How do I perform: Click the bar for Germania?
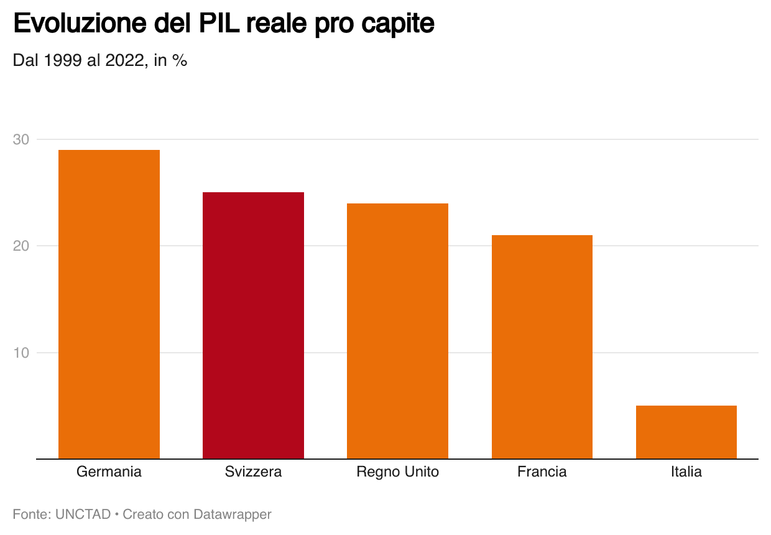pyautogui.click(x=109, y=305)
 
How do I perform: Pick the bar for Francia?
pyautogui.click(x=542, y=347)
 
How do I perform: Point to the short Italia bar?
pyautogui.click(x=686, y=432)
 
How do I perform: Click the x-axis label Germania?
pyautogui.click(x=109, y=472)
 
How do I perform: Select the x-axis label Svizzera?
pyautogui.click(x=253, y=472)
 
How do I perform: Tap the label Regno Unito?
pyautogui.click(x=397, y=472)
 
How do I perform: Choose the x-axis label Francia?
pyautogui.click(x=542, y=472)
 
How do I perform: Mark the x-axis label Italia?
pyautogui.click(x=686, y=472)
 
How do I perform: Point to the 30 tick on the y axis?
pyautogui.click(x=21, y=139)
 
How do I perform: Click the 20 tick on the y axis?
pyautogui.click(x=21, y=246)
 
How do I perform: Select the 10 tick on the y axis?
pyautogui.click(x=21, y=353)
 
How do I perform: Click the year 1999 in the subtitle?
pyautogui.click(x=63, y=61)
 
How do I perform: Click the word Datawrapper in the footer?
pyautogui.click(x=233, y=514)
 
